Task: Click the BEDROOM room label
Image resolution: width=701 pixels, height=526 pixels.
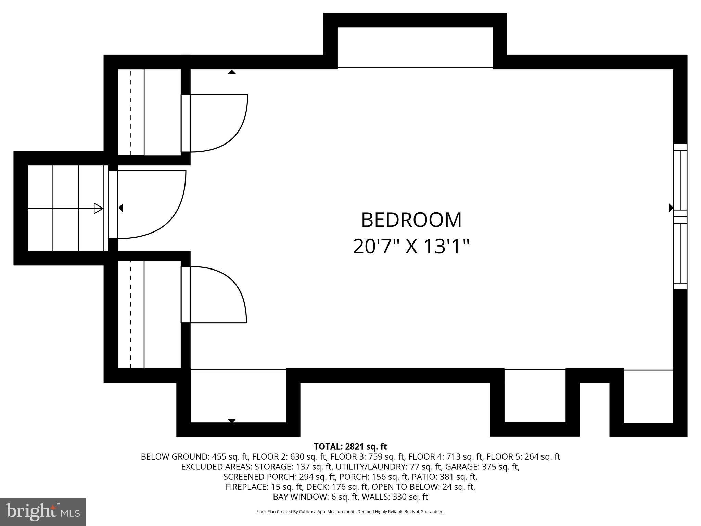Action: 411,220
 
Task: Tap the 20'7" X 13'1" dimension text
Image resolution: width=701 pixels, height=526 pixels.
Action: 411,246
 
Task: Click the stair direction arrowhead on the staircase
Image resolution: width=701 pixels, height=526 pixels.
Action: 99,208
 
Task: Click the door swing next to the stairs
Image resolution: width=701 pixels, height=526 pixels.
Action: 151,204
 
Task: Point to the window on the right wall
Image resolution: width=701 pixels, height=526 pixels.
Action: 680,217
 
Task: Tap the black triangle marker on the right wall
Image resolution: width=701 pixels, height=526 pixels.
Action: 671,208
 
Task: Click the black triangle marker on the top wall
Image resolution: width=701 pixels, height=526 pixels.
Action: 232,72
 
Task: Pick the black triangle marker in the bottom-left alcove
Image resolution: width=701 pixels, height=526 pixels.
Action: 232,421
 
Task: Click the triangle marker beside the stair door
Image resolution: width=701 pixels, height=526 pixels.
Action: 120,208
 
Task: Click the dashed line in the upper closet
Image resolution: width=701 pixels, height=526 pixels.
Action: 131,112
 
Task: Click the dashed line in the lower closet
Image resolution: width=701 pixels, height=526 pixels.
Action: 131,314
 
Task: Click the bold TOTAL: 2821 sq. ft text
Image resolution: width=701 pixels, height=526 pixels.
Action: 350,447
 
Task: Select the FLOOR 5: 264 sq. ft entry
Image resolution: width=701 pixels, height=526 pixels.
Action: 523,456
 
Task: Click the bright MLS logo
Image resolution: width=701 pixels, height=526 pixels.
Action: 43,512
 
